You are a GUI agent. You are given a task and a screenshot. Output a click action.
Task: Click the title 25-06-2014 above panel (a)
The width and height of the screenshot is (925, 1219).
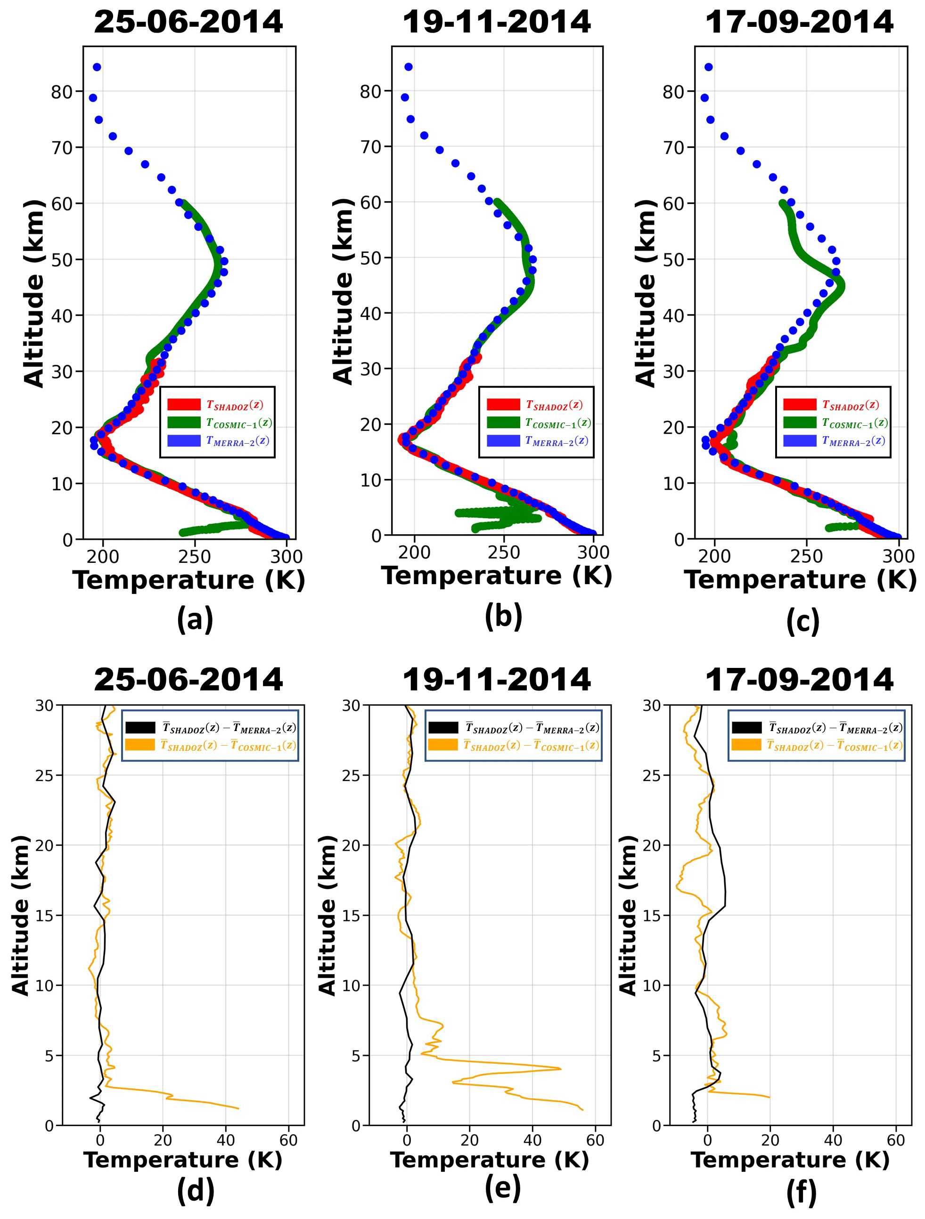pos(188,22)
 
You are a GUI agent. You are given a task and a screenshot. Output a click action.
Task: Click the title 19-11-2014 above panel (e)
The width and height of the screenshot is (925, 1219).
pos(496,680)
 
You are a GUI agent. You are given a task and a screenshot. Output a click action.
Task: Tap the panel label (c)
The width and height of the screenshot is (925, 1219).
pos(802,621)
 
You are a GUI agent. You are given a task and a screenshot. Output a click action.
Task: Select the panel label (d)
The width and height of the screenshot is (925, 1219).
pos(195,1191)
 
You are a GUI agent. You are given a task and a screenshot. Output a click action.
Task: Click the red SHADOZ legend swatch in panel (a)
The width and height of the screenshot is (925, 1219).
pos(184,405)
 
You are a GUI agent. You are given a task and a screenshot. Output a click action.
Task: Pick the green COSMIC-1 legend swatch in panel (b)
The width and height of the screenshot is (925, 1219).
pos(503,423)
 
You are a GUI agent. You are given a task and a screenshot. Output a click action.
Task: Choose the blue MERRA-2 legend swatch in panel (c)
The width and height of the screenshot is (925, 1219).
pos(799,441)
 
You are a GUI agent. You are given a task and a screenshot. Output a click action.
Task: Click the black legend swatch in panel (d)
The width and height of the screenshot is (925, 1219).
pos(140,727)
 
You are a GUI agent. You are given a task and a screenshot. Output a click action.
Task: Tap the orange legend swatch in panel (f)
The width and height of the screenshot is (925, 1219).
pos(746,745)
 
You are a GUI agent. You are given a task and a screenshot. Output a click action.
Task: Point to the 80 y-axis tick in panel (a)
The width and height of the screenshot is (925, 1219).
pos(62,91)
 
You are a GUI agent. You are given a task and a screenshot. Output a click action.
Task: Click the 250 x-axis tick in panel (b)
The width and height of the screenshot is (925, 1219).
pos(504,553)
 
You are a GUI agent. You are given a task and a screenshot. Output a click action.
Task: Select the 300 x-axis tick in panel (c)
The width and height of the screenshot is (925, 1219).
pos(899,556)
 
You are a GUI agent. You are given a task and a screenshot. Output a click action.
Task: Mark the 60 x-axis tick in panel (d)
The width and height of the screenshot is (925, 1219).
pos(288,1140)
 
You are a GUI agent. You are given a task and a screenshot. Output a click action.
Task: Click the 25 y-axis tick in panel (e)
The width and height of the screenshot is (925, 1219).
pos(351,776)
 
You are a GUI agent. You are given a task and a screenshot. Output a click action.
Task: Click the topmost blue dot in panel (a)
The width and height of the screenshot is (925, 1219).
pos(97,67)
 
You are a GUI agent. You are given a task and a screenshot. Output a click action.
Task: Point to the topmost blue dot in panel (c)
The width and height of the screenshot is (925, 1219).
pos(708,67)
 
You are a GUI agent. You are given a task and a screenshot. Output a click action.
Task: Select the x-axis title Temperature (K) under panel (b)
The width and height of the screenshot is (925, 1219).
pos(496,576)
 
